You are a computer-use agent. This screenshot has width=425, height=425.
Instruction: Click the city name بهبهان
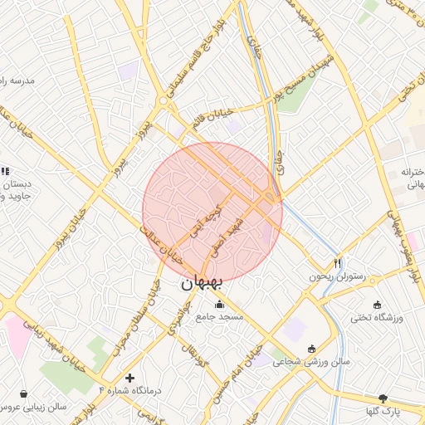(x=201, y=283)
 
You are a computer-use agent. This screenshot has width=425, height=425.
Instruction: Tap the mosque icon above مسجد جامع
(x=219, y=304)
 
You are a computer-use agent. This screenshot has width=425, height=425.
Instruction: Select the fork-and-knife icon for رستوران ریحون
(x=337, y=263)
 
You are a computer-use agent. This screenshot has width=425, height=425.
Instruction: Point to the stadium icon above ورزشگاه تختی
(x=378, y=304)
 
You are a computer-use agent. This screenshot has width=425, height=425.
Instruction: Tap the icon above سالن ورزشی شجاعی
(x=311, y=349)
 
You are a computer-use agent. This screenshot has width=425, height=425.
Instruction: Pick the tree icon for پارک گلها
(x=383, y=398)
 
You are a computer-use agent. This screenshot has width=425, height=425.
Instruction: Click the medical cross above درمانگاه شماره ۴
(x=129, y=378)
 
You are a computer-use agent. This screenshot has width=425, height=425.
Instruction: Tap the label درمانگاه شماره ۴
(x=129, y=390)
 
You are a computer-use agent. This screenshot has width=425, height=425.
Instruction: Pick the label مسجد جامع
(x=219, y=317)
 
